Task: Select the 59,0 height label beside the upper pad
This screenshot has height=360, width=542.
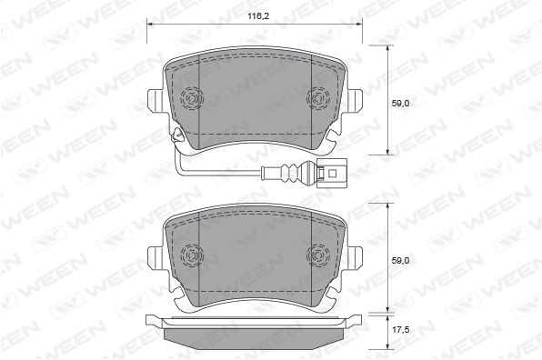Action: (x=400, y=103)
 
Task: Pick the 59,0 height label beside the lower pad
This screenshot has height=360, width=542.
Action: (x=400, y=261)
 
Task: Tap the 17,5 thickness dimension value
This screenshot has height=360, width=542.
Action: (x=400, y=330)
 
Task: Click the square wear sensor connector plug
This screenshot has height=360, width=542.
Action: (x=333, y=172)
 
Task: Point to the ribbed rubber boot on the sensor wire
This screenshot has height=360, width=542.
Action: (x=291, y=172)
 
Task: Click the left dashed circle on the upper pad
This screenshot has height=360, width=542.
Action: (x=192, y=98)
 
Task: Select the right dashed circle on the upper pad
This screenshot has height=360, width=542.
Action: (x=318, y=98)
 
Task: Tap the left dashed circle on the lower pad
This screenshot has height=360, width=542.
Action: (x=192, y=255)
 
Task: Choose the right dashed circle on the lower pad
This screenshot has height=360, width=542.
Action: (x=318, y=255)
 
